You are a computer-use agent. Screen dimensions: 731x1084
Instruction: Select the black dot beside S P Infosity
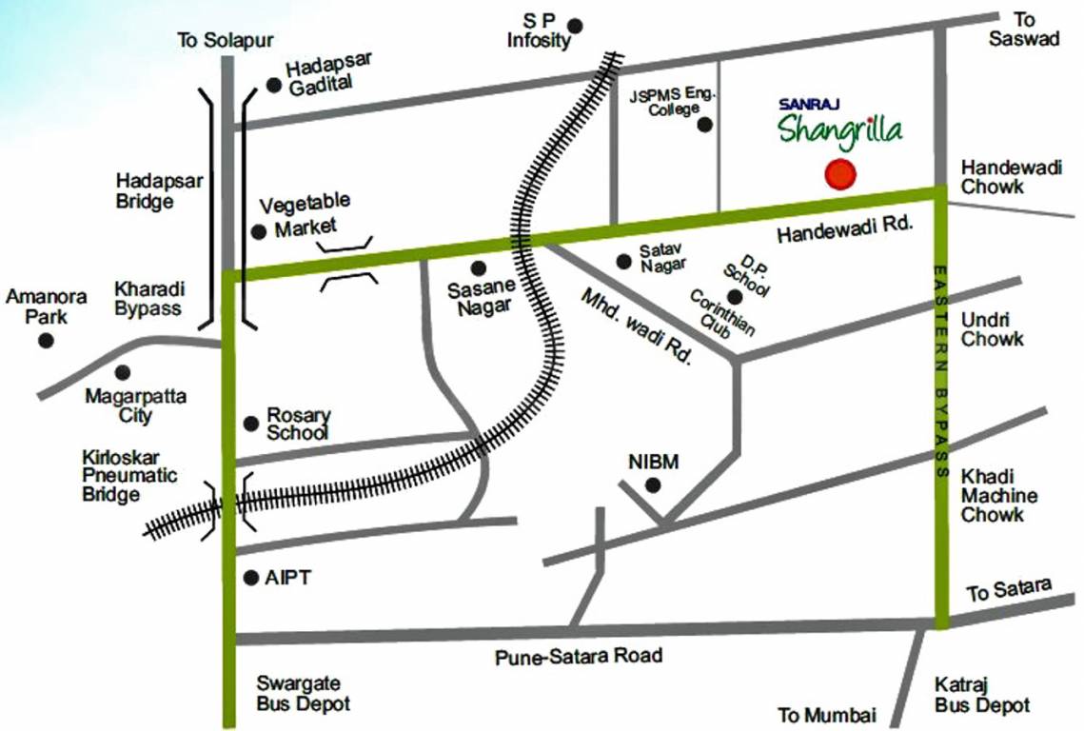point(576,25)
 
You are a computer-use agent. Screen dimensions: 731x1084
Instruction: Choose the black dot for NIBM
point(653,485)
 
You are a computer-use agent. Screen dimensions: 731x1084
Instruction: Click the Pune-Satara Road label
point(579,657)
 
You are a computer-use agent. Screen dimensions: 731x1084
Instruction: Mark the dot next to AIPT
point(251,578)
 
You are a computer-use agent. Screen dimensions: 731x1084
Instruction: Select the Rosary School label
point(298,424)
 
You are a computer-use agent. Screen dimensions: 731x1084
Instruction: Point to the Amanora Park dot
point(46,340)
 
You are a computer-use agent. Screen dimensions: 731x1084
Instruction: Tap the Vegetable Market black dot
point(258,231)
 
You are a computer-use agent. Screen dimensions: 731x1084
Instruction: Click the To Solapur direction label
point(226,40)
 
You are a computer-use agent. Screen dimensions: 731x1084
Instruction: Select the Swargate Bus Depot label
point(303,695)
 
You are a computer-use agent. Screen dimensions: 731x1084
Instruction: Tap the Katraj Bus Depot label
point(981,695)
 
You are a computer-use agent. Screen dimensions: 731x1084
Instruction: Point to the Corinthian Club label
point(722,312)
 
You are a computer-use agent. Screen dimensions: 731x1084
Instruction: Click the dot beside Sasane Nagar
point(478,268)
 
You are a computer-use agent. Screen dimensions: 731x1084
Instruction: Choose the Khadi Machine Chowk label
point(998,495)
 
